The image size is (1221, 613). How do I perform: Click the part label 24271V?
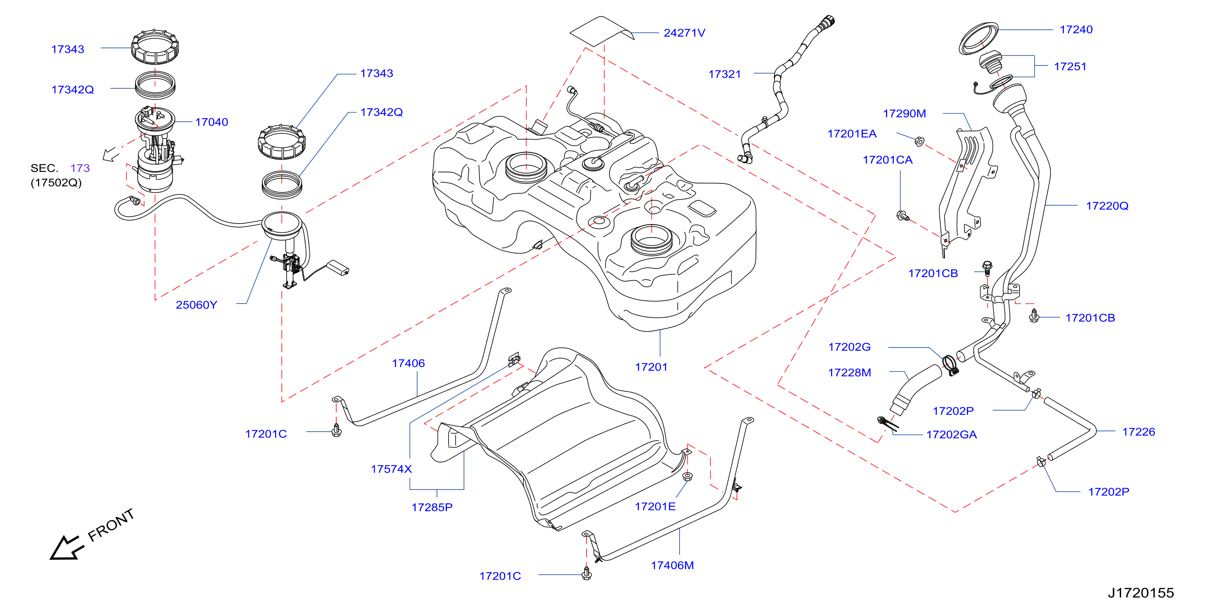point(684,33)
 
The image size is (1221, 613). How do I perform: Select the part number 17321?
point(724,74)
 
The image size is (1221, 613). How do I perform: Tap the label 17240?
point(1076,29)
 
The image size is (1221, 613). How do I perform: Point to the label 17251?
point(1070,67)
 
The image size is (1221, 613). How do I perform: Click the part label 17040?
point(211,122)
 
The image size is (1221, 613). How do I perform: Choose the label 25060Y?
point(196,305)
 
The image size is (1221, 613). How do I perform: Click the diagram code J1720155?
point(1140,593)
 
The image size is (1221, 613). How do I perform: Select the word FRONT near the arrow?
point(112,525)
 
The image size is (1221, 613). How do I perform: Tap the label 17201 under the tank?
point(651,367)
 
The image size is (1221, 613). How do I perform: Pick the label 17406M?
point(672,565)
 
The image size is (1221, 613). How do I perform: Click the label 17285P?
point(432,507)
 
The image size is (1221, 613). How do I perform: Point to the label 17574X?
point(391,469)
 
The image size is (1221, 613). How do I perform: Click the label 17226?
point(1138,432)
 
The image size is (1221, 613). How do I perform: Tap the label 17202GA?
point(951,435)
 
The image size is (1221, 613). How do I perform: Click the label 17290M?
point(904,113)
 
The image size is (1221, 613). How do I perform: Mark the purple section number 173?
point(80,168)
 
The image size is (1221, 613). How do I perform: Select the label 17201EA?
point(852,134)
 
